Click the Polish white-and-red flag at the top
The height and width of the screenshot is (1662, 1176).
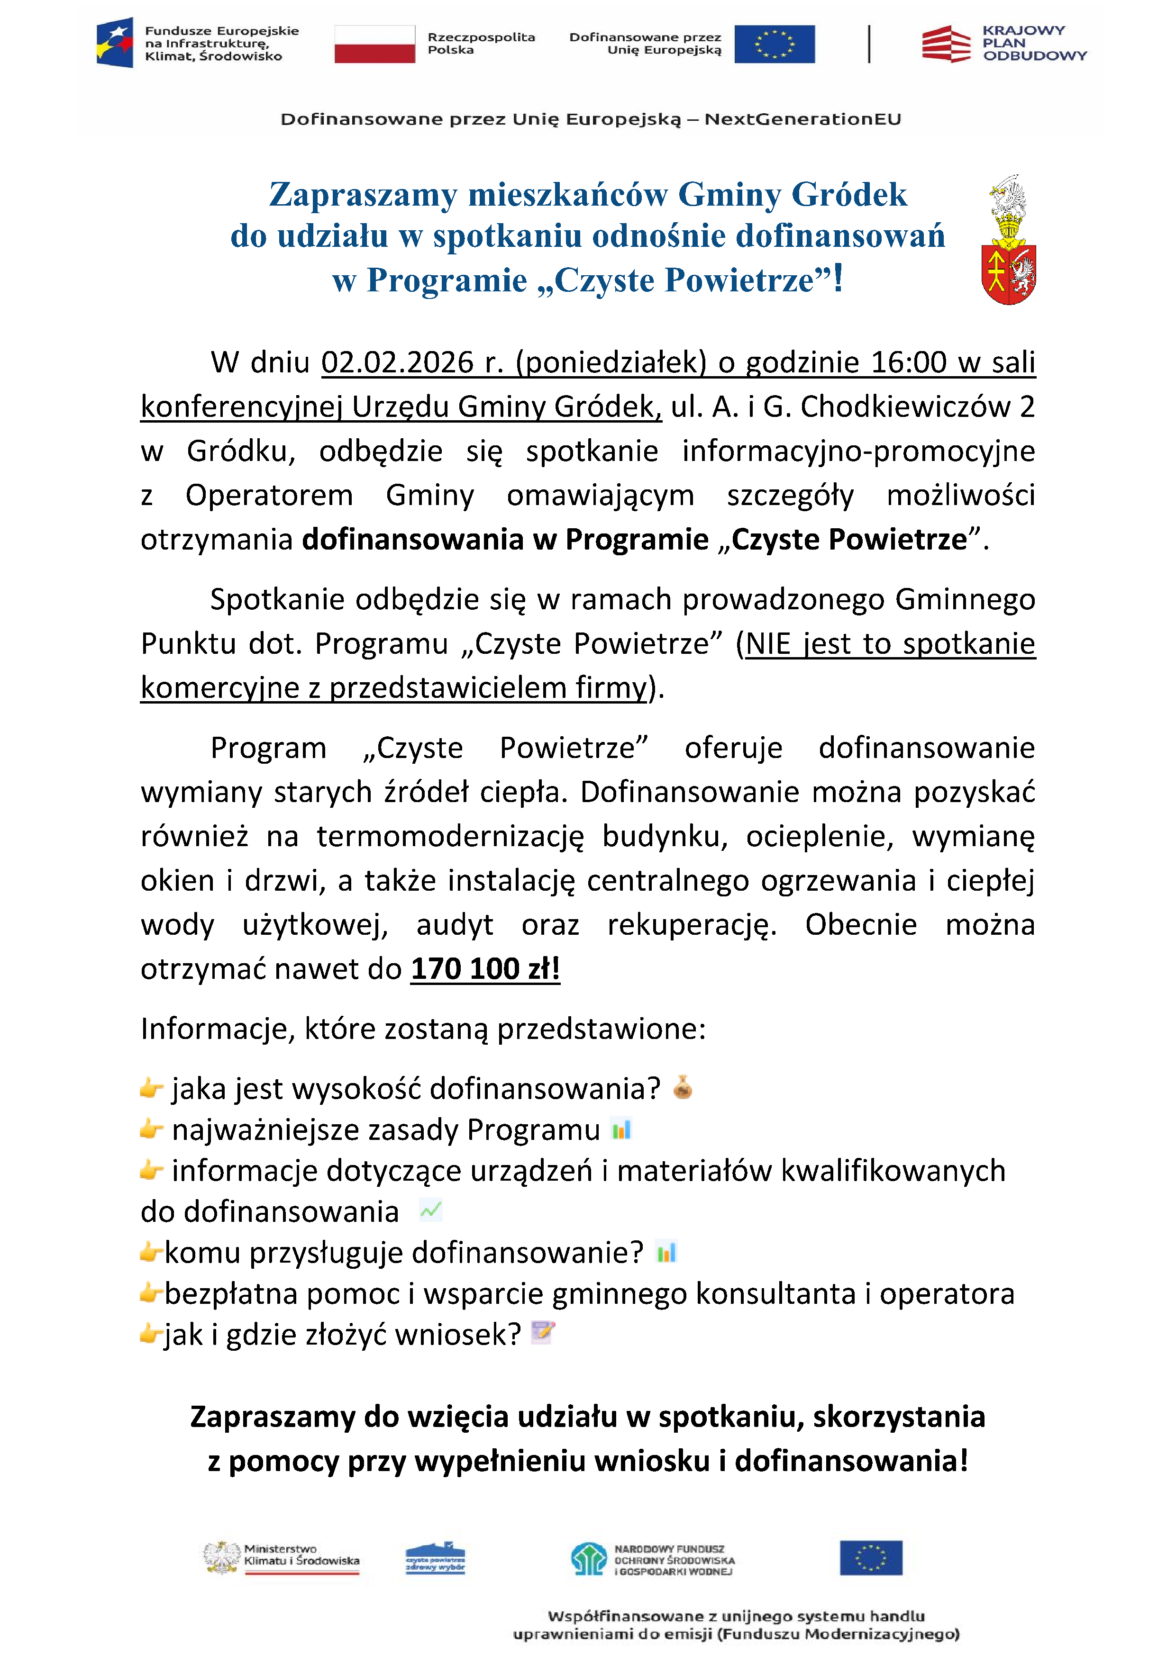coord(374,44)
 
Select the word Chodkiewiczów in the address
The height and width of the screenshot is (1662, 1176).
coord(905,407)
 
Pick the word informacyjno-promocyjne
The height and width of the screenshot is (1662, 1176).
coord(858,452)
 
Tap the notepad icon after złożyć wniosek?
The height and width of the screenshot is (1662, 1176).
coord(542,1332)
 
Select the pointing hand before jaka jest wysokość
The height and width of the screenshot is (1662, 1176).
coord(151,1088)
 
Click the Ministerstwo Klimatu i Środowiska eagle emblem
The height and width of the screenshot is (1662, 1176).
coord(221,1558)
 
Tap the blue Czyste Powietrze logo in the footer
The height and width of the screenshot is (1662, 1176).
coord(435,1558)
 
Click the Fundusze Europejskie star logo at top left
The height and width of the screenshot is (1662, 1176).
coord(115,43)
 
